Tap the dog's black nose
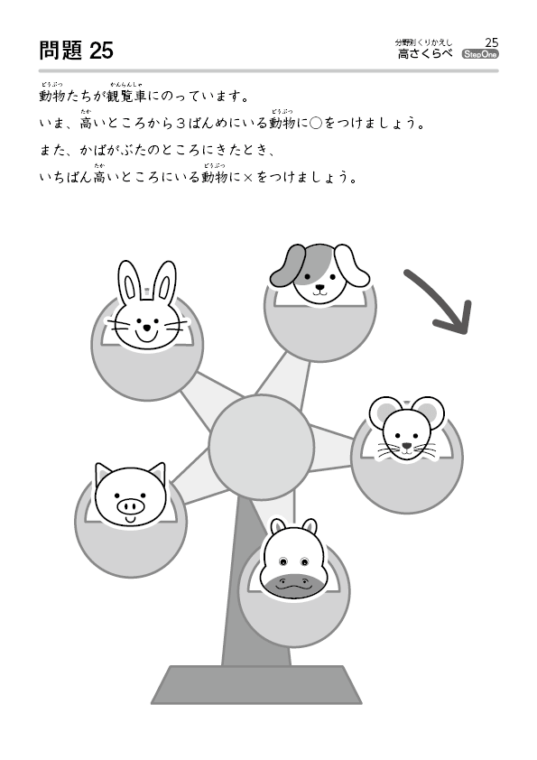pos(319,286)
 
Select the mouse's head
pos(407,428)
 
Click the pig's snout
pos(130,506)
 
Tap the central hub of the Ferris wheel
pos(261,447)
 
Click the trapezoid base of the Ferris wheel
pos(256,684)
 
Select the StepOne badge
pos(480,54)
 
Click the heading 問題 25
pos(76,51)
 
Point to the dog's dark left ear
pos(286,266)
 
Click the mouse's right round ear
pos(430,412)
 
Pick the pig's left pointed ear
pos(103,474)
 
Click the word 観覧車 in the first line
pos(126,96)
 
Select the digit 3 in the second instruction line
pos(181,124)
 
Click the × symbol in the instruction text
pos(248,178)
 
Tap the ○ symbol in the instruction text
pos(316,124)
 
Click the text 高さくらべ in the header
pos(425,54)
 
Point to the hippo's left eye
pos(283,561)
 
